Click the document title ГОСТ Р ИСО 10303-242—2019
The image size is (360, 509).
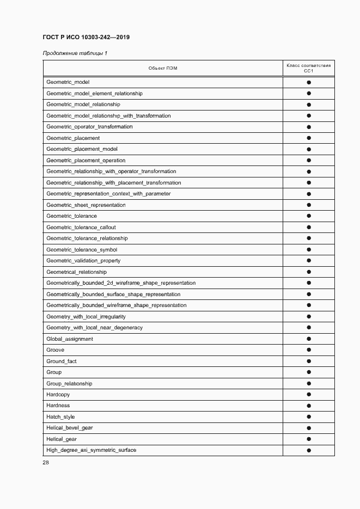86,37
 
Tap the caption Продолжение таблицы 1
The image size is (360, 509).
75,53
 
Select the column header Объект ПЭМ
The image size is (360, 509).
163,68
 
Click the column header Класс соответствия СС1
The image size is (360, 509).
308,68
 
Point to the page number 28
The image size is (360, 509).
46,463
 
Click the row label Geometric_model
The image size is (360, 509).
68,82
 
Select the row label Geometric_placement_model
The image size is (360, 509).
82,149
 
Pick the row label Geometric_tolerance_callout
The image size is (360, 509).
81,228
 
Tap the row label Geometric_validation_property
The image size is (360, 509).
83,261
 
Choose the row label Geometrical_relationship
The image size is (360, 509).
76,272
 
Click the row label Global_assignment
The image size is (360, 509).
70,339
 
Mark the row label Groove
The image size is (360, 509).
55,350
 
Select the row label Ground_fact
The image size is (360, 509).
62,361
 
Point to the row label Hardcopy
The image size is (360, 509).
58,395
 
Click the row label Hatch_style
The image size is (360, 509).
60,417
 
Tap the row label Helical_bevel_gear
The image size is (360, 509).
70,428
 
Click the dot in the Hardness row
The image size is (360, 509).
309,406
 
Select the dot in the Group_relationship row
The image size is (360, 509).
309,383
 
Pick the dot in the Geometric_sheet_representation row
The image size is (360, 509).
309,205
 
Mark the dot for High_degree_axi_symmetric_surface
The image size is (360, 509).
309,450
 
